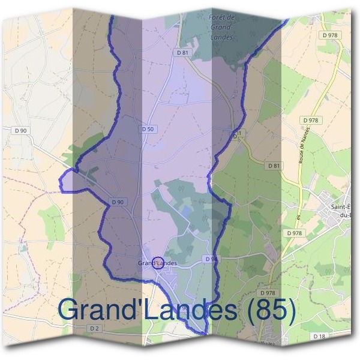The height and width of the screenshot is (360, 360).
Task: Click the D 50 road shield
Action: (x=148, y=129)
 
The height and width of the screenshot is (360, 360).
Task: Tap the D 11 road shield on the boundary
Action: (x=238, y=134)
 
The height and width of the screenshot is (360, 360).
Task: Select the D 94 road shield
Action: (x=209, y=259)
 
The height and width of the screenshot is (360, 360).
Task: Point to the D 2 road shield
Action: (x=94, y=328)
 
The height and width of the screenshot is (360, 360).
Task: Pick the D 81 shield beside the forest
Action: (x=183, y=53)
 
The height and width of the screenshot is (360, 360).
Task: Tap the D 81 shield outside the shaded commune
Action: (x=274, y=165)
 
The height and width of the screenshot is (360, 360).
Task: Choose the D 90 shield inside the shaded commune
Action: (x=117, y=202)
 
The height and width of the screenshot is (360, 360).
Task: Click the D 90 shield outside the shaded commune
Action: (x=20, y=130)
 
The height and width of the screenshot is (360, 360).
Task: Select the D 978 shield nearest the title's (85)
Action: (x=268, y=293)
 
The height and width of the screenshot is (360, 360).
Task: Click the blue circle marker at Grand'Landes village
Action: (x=158, y=263)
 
